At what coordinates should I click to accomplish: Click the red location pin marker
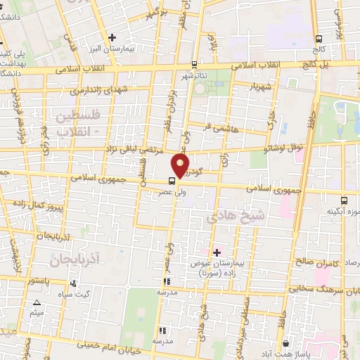[180, 167]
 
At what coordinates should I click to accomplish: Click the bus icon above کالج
[319, 39]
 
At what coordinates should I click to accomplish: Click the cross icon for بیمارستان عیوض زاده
[216, 252]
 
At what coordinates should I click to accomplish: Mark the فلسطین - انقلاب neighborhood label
[73, 121]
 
